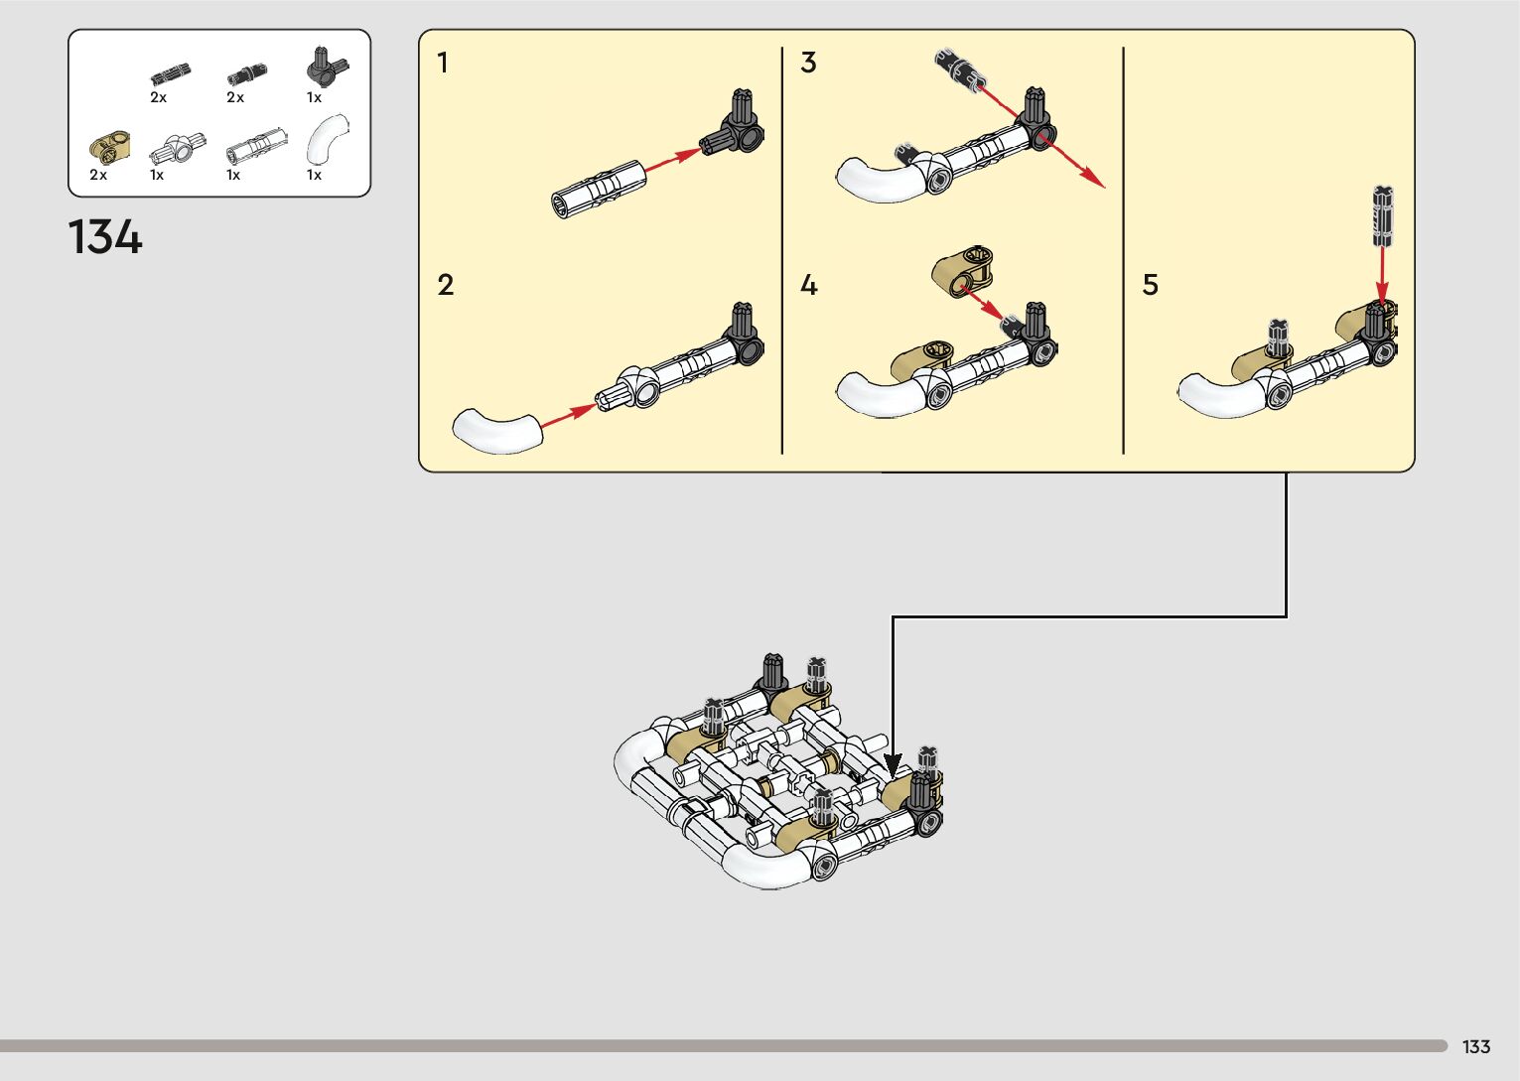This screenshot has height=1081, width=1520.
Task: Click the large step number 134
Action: click(x=105, y=238)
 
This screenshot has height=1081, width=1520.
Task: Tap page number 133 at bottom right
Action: click(x=1475, y=1046)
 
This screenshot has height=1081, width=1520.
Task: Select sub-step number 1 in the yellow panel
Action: click(x=443, y=64)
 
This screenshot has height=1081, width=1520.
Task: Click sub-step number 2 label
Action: click(x=446, y=285)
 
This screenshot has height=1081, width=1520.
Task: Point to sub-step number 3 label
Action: click(x=808, y=63)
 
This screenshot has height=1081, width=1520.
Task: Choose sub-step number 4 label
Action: click(x=809, y=285)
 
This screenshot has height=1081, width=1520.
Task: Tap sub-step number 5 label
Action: click(x=1150, y=285)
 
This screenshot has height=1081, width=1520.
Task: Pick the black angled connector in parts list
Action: click(x=326, y=68)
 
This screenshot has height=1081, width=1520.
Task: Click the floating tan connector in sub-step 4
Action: click(x=962, y=270)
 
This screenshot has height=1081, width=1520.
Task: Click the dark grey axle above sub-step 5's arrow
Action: click(x=1383, y=214)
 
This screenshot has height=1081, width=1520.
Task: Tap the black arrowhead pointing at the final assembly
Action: click(x=893, y=766)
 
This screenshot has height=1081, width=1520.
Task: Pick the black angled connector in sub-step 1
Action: click(x=736, y=128)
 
